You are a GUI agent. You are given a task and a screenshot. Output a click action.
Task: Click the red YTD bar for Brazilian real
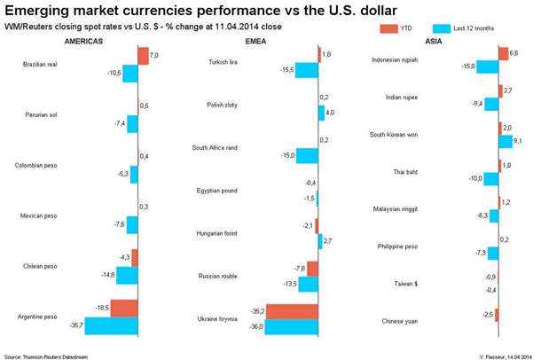pos(143,55)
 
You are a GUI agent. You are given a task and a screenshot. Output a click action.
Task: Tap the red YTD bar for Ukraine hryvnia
pos(291,311)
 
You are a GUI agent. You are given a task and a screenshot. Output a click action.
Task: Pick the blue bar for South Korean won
pos(506,141)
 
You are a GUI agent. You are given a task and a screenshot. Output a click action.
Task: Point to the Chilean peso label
pos(39,266)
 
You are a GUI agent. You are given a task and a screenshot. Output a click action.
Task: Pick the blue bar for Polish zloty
pos(321,113)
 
